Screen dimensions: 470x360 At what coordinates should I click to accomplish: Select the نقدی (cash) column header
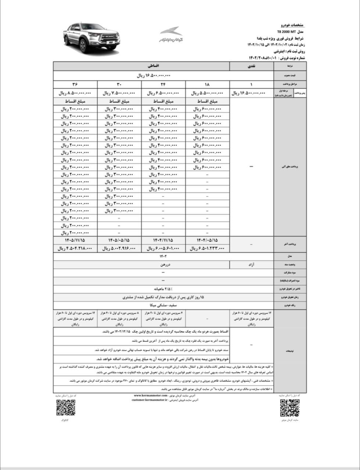(x=252, y=66)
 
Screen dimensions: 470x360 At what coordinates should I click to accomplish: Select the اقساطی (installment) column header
(x=141, y=66)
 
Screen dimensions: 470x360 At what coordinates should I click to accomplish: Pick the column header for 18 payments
(x=208, y=84)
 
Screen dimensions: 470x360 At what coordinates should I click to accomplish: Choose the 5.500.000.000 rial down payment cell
(x=208, y=93)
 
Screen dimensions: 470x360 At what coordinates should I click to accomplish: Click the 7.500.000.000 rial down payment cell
(x=119, y=93)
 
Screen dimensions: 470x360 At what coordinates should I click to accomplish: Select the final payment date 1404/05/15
(x=208, y=240)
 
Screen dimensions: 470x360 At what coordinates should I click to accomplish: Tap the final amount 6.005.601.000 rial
(x=163, y=249)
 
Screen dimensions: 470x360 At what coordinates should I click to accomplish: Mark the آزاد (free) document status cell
(x=252, y=264)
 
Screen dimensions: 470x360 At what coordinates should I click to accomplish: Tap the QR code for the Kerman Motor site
(x=290, y=408)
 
